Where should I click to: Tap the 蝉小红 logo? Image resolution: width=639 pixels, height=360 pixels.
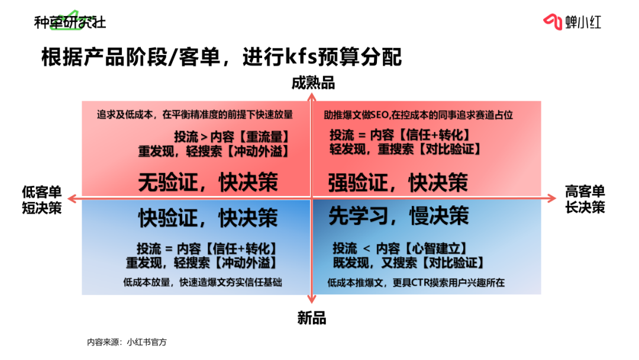pyautogui.click(x=572, y=22)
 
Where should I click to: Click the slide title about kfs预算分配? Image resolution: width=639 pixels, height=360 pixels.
pyautogui.click(x=221, y=57)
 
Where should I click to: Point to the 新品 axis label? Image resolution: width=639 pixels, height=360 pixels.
pyautogui.click(x=312, y=318)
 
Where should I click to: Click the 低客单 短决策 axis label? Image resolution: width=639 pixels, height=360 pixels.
pyautogui.click(x=41, y=200)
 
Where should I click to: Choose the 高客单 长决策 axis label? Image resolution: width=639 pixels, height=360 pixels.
pyautogui.click(x=585, y=200)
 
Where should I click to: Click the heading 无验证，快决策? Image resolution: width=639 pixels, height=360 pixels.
pyautogui.click(x=208, y=182)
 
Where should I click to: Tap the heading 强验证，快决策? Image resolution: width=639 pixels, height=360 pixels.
pyautogui.click(x=398, y=182)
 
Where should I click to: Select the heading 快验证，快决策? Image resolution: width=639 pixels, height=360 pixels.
pyautogui.click(x=208, y=217)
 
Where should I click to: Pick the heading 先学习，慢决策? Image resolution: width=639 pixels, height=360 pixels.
pyautogui.click(x=398, y=216)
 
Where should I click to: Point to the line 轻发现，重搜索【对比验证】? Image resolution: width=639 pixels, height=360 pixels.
pyautogui.click(x=405, y=150)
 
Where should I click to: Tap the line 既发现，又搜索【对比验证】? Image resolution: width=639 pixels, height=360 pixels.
pyautogui.click(x=408, y=262)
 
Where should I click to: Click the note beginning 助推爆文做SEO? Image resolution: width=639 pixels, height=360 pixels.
pyautogui.click(x=418, y=115)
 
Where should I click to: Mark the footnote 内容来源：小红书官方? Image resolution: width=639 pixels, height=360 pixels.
pyautogui.click(x=127, y=342)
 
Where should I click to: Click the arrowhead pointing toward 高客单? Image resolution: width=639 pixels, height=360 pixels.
pyautogui.click(x=550, y=197)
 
